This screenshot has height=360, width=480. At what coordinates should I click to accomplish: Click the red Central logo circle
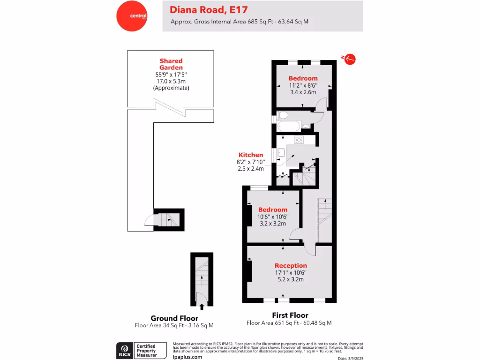[132, 16]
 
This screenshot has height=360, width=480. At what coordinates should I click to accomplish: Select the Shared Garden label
[171, 64]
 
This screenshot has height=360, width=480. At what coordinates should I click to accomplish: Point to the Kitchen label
[251, 155]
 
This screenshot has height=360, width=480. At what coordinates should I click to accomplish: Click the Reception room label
[291, 265]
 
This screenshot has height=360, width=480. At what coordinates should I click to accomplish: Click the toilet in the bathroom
[283, 115]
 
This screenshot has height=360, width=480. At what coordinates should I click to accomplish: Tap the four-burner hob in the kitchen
[299, 140]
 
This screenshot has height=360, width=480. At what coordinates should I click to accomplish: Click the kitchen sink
[281, 152]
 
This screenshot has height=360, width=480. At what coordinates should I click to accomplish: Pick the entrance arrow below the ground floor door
[202, 307]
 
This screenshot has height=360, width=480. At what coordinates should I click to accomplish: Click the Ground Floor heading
[174, 318]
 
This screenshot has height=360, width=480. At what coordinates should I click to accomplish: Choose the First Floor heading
[290, 315]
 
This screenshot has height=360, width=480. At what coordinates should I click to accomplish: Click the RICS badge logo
[125, 350]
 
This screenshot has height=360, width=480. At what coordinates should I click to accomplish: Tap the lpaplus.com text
[187, 357]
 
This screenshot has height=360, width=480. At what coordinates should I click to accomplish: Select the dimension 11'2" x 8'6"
[303, 86]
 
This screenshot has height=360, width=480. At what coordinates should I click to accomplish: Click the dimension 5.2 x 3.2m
[291, 279]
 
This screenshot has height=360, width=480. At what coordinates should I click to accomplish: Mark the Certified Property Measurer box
[150, 350]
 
